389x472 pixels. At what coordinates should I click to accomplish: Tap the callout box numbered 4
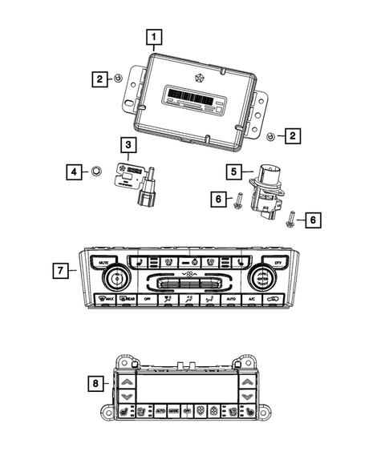point(73,171)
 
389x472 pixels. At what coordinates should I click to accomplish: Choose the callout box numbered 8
point(97,384)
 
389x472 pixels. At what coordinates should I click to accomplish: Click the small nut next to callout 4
point(95,171)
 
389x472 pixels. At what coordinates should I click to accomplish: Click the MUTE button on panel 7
point(103,262)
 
